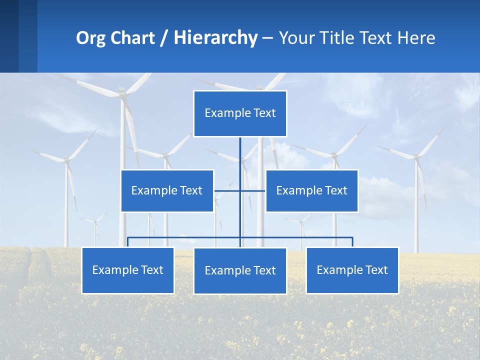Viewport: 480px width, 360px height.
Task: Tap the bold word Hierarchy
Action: click(x=215, y=38)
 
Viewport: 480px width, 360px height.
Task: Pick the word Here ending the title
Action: click(x=416, y=38)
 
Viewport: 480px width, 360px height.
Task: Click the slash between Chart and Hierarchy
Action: click(x=164, y=38)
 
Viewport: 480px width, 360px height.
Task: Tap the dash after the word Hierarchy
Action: click(x=267, y=39)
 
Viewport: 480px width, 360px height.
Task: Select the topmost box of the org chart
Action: click(x=240, y=113)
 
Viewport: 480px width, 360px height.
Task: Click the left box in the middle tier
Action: click(x=167, y=190)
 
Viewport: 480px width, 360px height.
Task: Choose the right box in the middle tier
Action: click(x=311, y=190)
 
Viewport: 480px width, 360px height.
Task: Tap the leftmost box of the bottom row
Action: click(x=128, y=270)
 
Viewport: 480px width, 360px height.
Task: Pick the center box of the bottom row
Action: click(x=240, y=270)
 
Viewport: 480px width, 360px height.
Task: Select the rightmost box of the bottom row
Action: click(x=352, y=270)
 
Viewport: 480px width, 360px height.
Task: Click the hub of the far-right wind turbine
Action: click(x=416, y=156)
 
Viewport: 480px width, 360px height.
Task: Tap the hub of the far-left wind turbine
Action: click(x=66, y=160)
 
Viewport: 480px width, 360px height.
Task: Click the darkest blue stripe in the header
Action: click(x=9, y=36)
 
